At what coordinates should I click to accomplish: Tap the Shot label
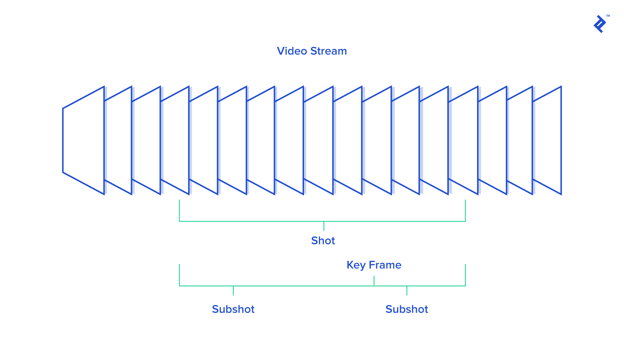(323, 241)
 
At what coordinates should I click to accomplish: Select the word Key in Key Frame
(356, 265)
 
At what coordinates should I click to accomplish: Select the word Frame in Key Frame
(385, 265)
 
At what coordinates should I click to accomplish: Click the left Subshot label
(233, 309)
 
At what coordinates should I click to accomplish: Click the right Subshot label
(407, 309)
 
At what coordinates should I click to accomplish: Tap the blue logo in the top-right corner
(600, 24)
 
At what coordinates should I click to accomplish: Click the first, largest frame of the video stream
(83, 140)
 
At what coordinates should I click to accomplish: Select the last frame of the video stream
(547, 140)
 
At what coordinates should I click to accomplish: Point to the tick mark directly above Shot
(324, 226)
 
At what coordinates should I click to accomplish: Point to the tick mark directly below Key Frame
(374, 281)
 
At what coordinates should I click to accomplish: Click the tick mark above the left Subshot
(233, 290)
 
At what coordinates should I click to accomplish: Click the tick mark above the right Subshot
(407, 290)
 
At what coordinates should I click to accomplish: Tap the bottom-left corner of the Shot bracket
(180, 221)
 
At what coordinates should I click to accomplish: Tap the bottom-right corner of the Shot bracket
(465, 221)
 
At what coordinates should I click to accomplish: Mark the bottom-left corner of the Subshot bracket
(180, 286)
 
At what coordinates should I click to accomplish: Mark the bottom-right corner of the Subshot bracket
(465, 286)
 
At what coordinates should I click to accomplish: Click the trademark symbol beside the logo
(608, 16)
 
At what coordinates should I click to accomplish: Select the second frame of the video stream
(118, 140)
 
